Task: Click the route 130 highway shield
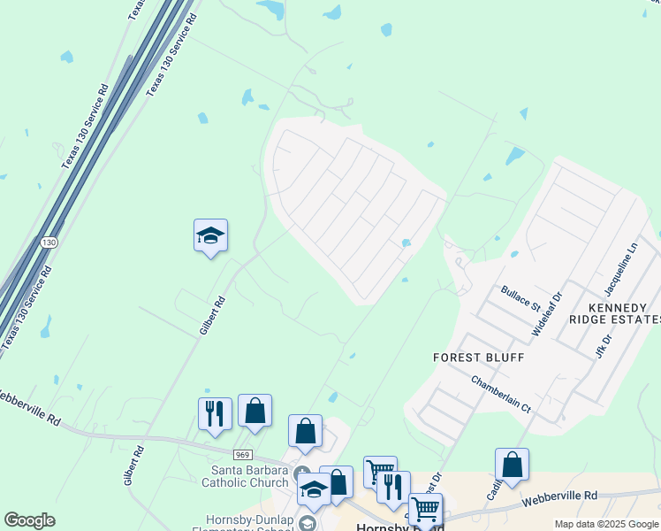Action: tap(50, 242)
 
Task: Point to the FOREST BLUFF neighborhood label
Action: tap(478, 358)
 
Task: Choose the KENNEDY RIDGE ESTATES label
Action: tap(614, 312)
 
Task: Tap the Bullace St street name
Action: tap(520, 297)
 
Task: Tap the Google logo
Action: tap(29, 520)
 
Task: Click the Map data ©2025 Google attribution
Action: tap(606, 524)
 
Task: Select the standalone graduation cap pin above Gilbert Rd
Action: tap(210, 236)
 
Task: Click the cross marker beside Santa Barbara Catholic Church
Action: tap(301, 472)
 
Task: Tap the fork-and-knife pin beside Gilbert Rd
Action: tap(215, 413)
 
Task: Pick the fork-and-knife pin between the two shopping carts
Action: tap(393, 487)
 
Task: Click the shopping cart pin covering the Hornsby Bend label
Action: tap(425, 510)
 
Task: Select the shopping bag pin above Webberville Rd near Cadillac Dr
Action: tap(512, 465)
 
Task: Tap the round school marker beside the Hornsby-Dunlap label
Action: tap(308, 522)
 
